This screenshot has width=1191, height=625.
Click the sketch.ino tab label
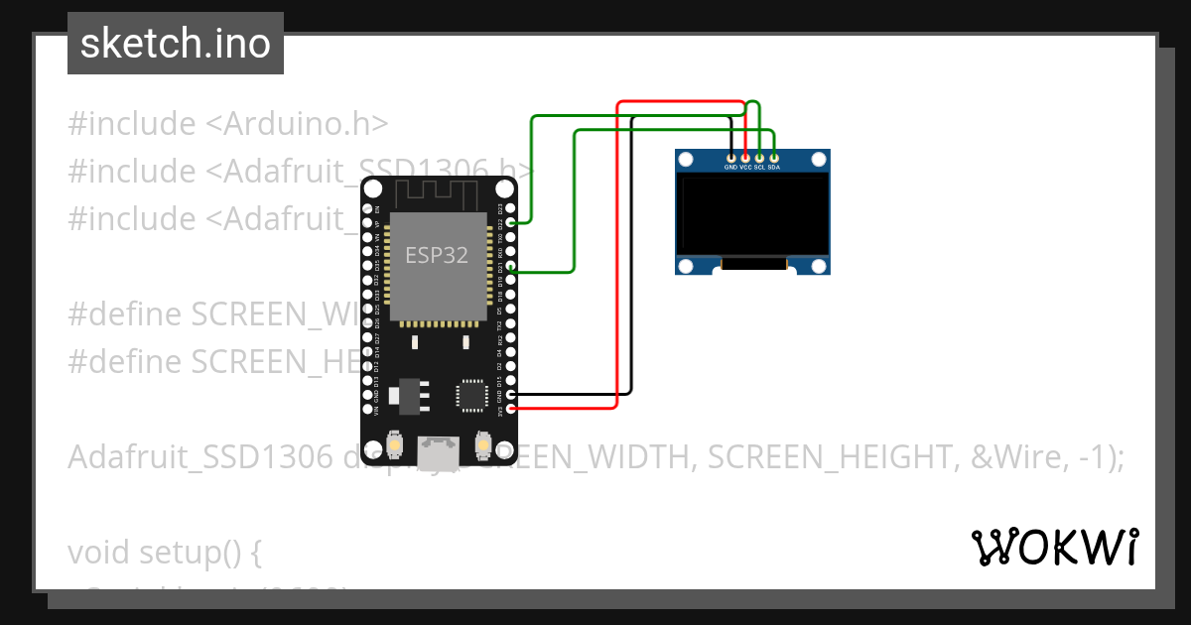175,44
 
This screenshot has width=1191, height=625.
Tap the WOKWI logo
1055,547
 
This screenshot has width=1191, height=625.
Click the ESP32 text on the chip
437,255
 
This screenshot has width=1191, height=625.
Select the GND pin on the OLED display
730,157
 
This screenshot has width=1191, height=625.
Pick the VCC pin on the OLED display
745,157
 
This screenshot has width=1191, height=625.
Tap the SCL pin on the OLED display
759,157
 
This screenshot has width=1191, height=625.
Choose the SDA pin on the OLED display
774,157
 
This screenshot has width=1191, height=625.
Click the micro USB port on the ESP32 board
438,453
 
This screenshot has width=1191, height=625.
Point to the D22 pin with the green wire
511,224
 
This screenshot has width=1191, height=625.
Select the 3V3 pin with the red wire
511,408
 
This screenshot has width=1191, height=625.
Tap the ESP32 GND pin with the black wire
511,394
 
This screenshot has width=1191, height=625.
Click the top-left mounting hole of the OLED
686,160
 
